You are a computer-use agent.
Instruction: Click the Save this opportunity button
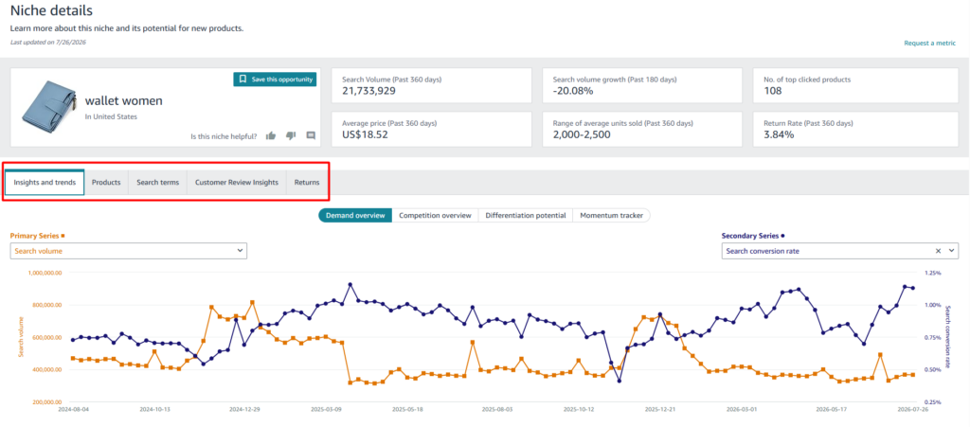pyautogui.click(x=275, y=80)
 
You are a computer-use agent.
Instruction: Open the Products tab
pyautogui.click(x=106, y=183)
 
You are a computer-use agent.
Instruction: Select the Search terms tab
pyautogui.click(x=158, y=183)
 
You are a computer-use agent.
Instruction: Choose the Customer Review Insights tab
pyautogui.click(x=236, y=183)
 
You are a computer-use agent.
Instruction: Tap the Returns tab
pyautogui.click(x=307, y=183)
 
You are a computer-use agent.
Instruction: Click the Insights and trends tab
pyautogui.click(x=45, y=183)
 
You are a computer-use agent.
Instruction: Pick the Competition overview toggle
pyautogui.click(x=435, y=216)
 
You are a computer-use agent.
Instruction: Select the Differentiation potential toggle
pyautogui.click(x=525, y=216)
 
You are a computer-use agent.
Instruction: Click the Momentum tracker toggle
pyautogui.click(x=611, y=216)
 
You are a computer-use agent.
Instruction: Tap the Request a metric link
pyautogui.click(x=930, y=44)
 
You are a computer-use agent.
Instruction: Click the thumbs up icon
pyautogui.click(x=270, y=136)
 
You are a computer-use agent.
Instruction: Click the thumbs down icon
pyautogui.click(x=291, y=136)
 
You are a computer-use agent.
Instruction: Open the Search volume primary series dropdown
pyautogui.click(x=129, y=251)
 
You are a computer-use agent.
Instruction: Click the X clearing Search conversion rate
pyautogui.click(x=938, y=251)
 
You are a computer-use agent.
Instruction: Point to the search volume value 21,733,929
pyautogui.click(x=368, y=91)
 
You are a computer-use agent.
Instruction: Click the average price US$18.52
pyautogui.click(x=365, y=134)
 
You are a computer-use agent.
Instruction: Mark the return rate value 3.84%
pyautogui.click(x=779, y=134)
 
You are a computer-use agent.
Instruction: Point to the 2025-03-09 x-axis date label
pyautogui.click(x=327, y=409)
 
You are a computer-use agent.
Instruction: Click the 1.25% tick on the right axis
pyautogui.click(x=932, y=273)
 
